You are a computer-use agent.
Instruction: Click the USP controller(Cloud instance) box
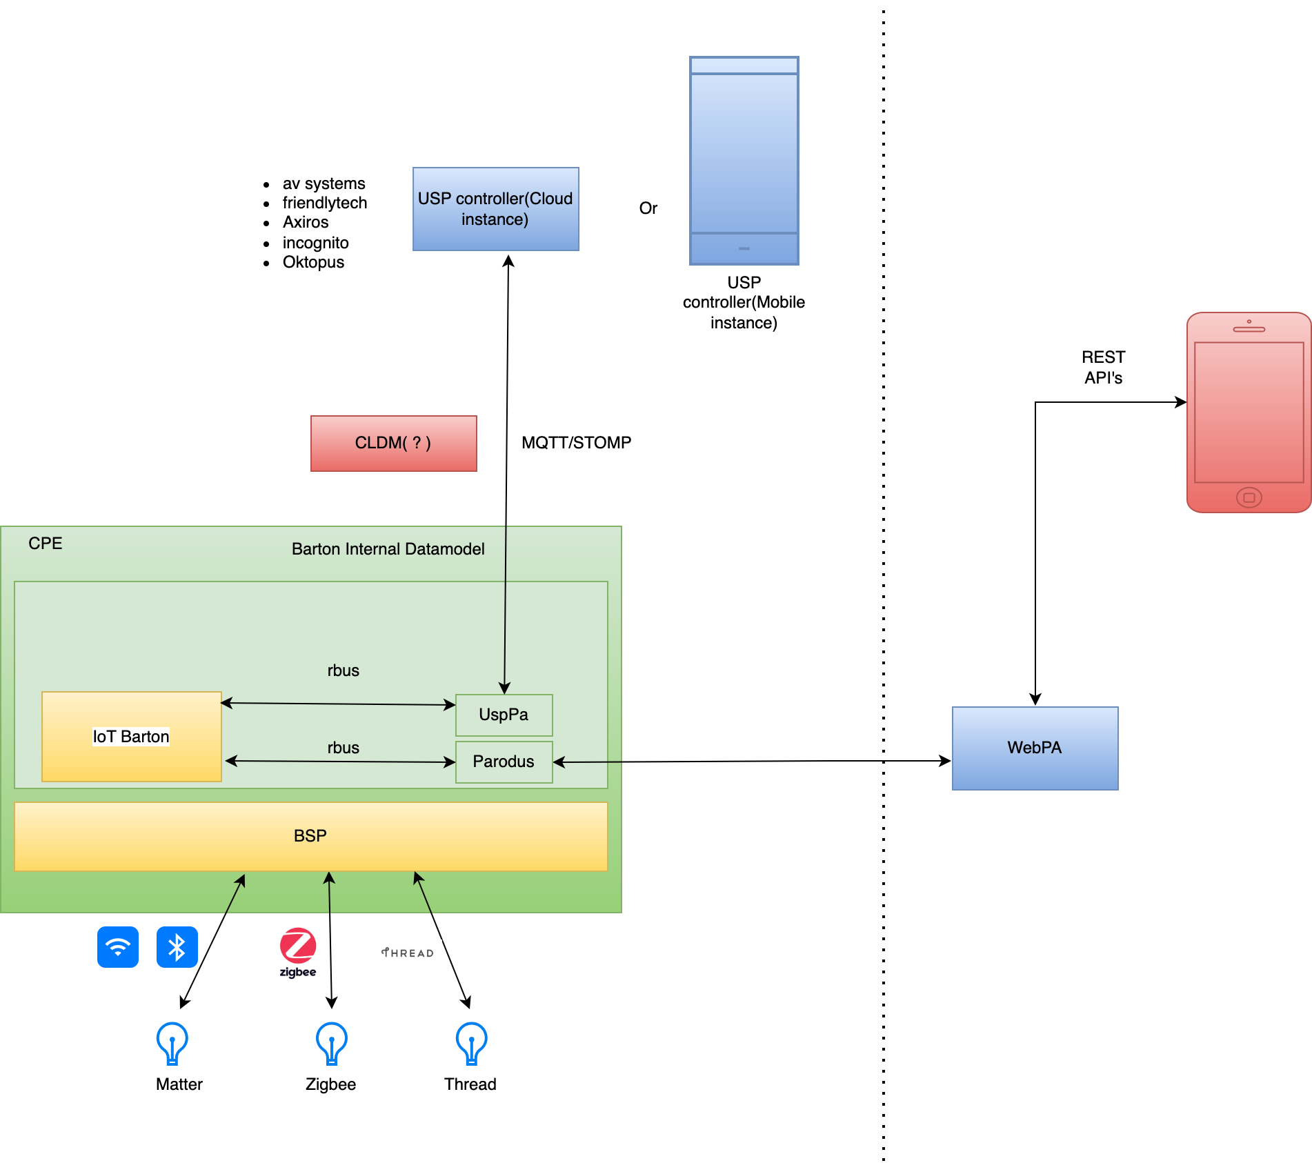click(495, 209)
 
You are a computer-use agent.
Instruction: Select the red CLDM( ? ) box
click(393, 443)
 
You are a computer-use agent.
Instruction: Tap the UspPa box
click(504, 715)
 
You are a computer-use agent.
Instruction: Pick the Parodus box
click(504, 762)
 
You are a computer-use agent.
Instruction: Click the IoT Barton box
click(131, 737)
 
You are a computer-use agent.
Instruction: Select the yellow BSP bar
click(310, 836)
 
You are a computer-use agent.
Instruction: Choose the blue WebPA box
click(1035, 748)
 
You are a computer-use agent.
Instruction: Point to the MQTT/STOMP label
click(576, 443)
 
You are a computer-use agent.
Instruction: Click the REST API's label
click(1103, 367)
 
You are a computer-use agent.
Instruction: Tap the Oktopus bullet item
click(313, 262)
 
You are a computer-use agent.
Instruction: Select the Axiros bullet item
click(306, 222)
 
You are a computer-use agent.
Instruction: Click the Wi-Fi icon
click(118, 946)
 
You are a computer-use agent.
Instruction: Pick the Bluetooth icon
click(177, 946)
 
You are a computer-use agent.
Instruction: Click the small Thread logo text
click(408, 953)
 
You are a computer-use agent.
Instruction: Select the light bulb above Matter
click(172, 1043)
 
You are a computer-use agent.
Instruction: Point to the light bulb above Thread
click(472, 1043)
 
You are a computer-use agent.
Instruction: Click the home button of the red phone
click(1249, 497)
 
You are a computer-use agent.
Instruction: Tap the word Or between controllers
click(648, 208)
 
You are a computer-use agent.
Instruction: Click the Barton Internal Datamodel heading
click(388, 549)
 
